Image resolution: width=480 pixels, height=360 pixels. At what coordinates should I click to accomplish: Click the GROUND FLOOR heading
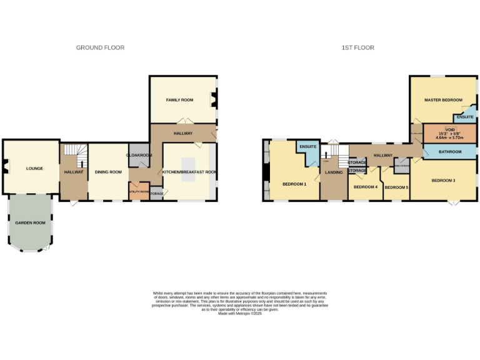100,47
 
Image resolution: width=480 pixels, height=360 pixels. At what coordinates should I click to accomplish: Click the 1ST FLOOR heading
358,47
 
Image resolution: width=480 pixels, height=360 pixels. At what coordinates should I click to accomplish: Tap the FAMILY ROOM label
179,100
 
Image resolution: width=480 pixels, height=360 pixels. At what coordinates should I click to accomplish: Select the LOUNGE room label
34,168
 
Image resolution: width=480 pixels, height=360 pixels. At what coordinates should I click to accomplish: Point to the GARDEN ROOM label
31,222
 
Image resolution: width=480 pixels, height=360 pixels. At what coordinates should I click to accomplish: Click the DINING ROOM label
107,172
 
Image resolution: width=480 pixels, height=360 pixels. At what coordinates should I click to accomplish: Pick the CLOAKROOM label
139,155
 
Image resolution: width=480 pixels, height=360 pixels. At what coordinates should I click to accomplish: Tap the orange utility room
138,191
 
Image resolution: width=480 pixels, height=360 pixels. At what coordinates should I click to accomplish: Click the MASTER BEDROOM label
442,100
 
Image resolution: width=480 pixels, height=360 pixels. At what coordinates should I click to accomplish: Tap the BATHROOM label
450,152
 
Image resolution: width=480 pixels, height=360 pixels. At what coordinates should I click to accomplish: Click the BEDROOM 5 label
396,187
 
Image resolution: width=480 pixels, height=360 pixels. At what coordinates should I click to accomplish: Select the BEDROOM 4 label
366,187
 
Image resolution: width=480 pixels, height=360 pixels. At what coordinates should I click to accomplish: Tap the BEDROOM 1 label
294,184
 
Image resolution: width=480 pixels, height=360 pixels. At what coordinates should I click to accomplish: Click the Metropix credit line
239,313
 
